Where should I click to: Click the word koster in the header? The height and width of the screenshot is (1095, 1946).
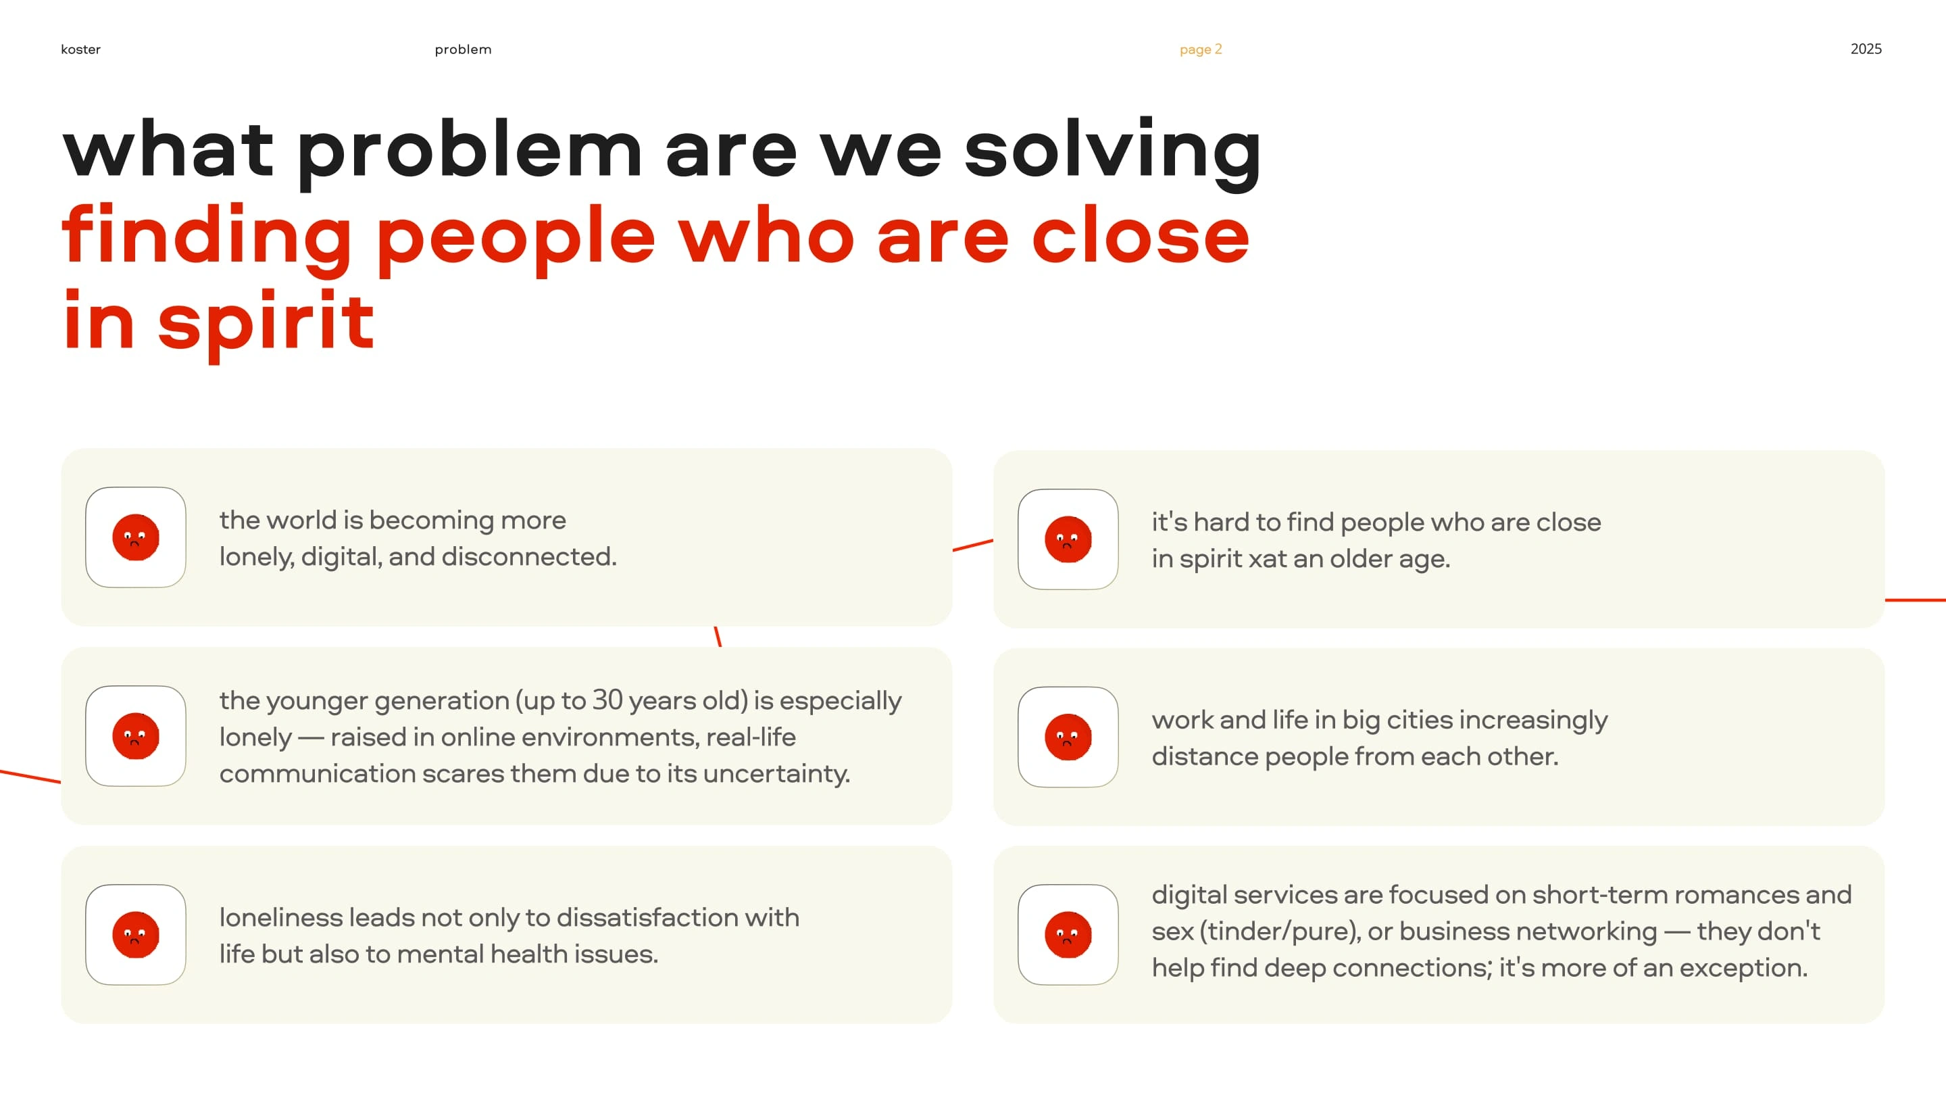click(80, 49)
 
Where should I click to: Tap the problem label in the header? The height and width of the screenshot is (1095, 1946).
click(463, 50)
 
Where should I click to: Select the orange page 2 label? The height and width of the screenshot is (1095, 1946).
click(1201, 50)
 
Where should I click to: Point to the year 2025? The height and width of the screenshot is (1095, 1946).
click(1866, 49)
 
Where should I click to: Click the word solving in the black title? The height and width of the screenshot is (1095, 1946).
click(1113, 151)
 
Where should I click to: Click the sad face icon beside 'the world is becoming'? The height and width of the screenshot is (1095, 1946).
click(136, 537)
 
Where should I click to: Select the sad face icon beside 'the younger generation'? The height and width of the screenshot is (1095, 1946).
click(136, 736)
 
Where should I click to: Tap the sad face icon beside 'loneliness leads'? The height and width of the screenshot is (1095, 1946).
click(136, 935)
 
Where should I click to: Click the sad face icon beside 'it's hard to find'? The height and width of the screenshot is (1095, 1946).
click(1068, 539)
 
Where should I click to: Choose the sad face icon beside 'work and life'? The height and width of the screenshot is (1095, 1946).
click(1068, 737)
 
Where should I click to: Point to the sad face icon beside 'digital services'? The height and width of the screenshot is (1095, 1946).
click(1068, 935)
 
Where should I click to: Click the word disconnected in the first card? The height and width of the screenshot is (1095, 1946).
click(529, 557)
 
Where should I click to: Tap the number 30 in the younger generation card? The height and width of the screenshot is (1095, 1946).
click(607, 700)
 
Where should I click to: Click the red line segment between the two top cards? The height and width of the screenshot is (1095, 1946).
click(973, 545)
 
